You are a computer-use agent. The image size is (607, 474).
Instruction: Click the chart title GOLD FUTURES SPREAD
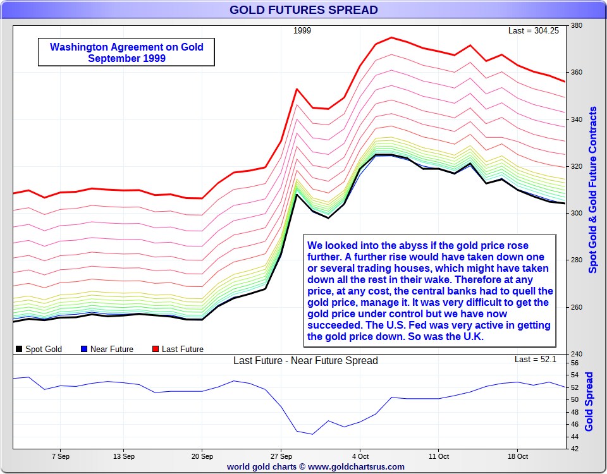tap(303, 9)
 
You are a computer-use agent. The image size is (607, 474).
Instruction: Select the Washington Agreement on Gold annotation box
tap(126, 52)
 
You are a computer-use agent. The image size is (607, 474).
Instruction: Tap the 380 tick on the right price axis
tap(576, 26)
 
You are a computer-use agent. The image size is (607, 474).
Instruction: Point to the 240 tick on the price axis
tap(576, 354)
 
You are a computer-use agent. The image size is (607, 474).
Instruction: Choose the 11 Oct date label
tap(438, 456)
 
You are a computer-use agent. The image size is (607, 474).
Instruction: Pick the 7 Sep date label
tap(61, 456)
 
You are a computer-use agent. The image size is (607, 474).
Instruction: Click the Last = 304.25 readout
tap(533, 30)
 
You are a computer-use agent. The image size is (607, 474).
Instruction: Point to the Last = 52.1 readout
tap(535, 360)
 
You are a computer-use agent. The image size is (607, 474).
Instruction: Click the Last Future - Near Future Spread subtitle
tap(305, 361)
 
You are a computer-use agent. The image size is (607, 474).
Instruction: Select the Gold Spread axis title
tap(589, 402)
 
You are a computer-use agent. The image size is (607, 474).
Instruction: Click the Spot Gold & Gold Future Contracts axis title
tap(592, 190)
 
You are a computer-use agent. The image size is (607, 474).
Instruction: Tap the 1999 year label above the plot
tap(302, 30)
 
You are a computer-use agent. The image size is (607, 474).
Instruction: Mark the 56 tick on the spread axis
tap(575, 363)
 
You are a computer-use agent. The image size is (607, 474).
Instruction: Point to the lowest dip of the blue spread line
tap(312, 434)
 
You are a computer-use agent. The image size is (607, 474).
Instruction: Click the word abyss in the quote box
tap(417, 245)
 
